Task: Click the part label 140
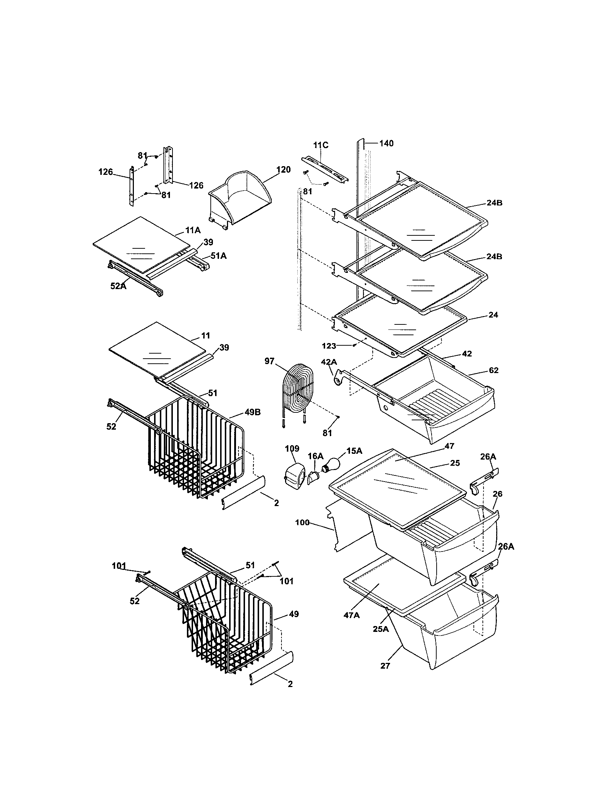click(386, 143)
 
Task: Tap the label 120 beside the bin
click(283, 169)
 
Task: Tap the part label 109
click(292, 449)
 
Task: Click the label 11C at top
click(320, 145)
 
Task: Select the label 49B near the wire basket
click(252, 412)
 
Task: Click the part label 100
click(302, 523)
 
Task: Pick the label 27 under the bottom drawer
click(385, 666)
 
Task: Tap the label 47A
click(352, 615)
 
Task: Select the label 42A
click(329, 362)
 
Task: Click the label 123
click(329, 346)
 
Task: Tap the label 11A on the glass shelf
click(193, 230)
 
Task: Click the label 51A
click(218, 256)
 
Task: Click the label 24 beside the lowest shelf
click(493, 315)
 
